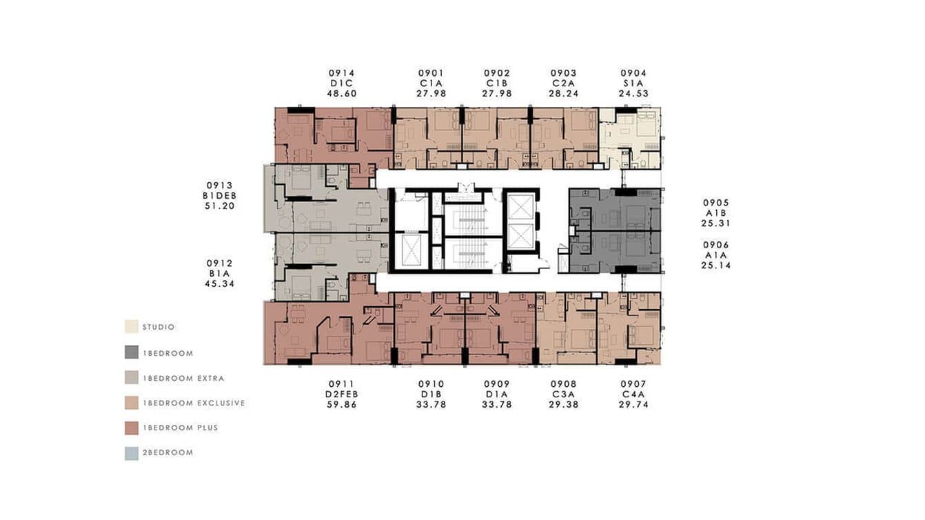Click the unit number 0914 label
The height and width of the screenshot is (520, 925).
[342, 73]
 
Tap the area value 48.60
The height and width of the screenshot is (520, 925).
[342, 94]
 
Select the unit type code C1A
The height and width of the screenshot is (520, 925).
[431, 83]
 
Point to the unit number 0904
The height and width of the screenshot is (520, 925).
[633, 73]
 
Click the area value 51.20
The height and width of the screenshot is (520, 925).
[219, 206]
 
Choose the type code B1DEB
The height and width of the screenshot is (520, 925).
[219, 196]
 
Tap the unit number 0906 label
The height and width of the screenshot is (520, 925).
[715, 245]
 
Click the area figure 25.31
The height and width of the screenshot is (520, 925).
[715, 223]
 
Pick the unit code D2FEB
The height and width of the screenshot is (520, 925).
[342, 394]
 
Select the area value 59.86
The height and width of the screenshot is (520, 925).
[342, 405]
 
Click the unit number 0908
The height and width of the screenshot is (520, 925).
[564, 384]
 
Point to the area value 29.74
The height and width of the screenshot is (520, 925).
[633, 405]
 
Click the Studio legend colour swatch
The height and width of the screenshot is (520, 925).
[131, 327]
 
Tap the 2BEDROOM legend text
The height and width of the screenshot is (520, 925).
[167, 452]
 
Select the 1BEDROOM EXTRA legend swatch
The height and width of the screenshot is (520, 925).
[131, 378]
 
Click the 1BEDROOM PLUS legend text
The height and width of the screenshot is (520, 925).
[180, 428]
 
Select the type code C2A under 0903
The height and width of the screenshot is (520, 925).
[564, 83]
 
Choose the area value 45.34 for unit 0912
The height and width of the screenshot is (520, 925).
[219, 283]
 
